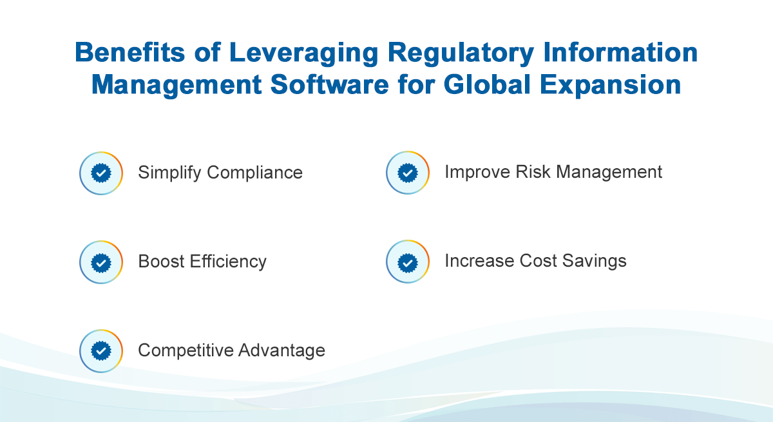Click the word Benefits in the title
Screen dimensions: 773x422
130,52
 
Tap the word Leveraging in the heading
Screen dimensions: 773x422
303,53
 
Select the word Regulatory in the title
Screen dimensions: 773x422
461,53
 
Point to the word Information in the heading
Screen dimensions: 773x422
620,52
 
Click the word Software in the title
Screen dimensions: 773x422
330,84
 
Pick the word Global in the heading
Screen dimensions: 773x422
487,84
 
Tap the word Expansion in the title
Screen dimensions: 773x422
610,86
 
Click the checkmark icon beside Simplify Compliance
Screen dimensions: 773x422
101,173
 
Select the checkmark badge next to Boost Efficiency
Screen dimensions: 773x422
101,262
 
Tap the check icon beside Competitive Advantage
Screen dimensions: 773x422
101,351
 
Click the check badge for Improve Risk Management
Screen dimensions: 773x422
408,173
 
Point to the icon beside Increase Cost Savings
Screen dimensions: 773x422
408,262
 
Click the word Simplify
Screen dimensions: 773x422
169,173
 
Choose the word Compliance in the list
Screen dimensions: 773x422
254,173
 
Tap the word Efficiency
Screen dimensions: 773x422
228,262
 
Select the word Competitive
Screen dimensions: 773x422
186,350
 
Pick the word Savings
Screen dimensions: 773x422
594,262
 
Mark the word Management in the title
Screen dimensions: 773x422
177,86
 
